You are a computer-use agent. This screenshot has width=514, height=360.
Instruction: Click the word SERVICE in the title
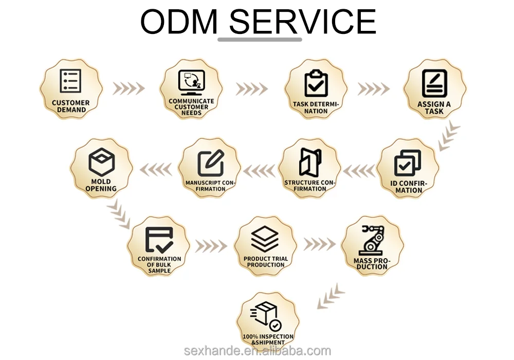click(302, 22)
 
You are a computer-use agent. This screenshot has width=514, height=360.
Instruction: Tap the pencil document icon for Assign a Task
click(434, 83)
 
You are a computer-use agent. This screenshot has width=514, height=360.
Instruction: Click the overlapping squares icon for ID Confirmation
click(408, 163)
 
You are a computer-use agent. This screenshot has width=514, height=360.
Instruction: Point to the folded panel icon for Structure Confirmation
click(310, 162)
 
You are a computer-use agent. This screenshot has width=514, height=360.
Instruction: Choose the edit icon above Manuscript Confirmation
click(210, 163)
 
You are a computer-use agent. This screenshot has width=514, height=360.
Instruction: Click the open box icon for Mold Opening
click(101, 162)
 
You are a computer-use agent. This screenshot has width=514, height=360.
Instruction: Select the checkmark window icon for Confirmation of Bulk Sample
click(159, 240)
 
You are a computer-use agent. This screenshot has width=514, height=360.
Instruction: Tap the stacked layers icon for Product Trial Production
click(265, 239)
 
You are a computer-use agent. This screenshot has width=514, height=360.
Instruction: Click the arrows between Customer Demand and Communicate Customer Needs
click(128, 88)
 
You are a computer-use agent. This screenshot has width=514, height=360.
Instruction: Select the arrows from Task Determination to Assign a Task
click(374, 89)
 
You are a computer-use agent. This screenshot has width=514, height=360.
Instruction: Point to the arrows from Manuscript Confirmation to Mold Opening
click(156, 169)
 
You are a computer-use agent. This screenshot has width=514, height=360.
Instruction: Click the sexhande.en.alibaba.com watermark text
click(258, 351)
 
